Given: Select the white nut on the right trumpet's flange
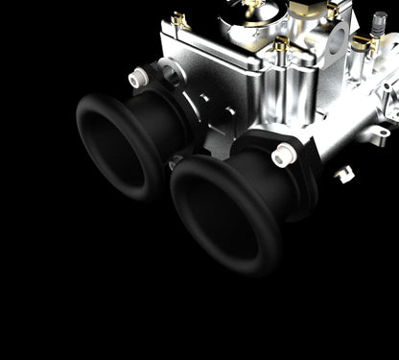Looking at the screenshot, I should coord(284,153).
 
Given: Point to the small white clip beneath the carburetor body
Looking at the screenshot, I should coord(343,174).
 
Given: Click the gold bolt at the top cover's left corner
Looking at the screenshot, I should coord(176,19).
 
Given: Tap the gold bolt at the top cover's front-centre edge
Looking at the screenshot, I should coord(280,45).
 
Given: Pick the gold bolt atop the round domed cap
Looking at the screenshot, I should coord(251,4).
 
